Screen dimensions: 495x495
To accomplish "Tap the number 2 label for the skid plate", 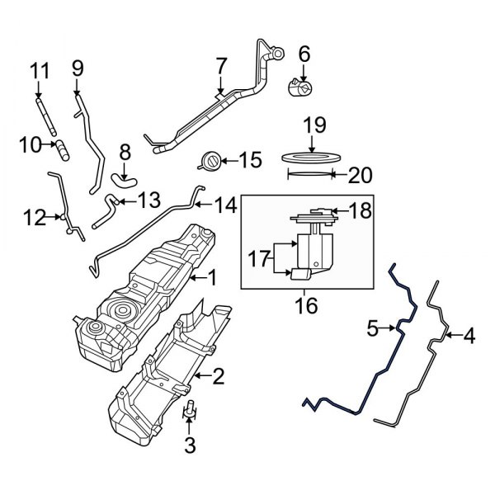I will tap(218, 378).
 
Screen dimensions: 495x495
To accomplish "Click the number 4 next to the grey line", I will tap(469, 336).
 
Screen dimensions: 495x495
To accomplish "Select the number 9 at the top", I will tap(78, 68).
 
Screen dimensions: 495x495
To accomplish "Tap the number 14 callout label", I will tap(225, 204).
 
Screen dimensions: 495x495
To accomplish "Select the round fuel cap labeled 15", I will tap(211, 160).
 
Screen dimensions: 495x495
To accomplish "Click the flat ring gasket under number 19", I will tap(311, 157).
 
